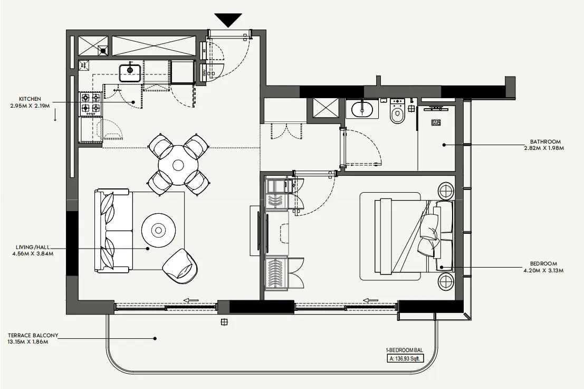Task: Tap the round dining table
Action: (178, 165)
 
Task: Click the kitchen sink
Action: (130, 70)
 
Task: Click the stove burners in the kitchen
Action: (90, 103)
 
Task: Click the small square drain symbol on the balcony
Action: (224, 321)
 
